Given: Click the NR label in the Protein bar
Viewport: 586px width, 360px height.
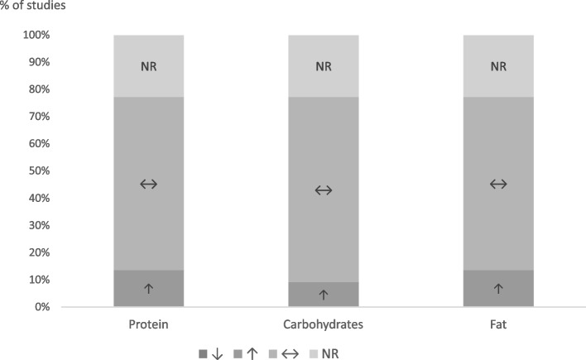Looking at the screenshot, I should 149,68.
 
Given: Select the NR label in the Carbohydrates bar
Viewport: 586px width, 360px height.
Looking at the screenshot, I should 324,68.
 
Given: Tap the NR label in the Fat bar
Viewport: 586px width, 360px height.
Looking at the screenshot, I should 498,68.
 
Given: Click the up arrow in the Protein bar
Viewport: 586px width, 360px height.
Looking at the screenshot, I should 149,288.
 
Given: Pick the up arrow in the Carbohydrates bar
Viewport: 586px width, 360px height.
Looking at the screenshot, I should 324,294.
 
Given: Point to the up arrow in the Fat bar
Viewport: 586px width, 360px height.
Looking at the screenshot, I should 498,288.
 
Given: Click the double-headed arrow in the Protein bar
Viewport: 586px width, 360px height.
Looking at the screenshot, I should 149,184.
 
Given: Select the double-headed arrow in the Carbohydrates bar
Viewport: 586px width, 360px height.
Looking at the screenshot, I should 324,190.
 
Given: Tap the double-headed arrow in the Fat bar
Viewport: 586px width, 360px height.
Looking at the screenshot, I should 498,184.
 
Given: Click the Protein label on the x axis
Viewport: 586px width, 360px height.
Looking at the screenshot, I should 149,324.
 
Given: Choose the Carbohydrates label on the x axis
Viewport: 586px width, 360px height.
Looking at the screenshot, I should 324,324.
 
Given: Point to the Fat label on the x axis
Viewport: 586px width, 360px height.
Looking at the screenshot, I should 498,324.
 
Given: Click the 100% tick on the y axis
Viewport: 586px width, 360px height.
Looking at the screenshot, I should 36,36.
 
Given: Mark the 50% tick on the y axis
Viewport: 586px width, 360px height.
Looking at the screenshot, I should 39,171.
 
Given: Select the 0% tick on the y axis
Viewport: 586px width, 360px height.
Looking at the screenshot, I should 42,307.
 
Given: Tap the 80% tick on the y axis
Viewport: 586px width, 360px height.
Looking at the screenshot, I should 39,89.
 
